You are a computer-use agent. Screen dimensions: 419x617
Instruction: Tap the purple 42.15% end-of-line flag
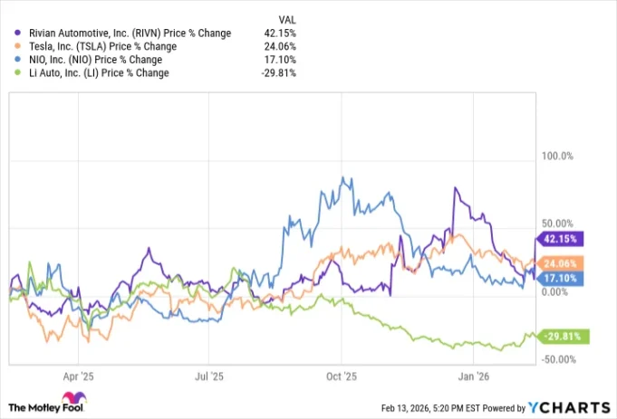(564, 239)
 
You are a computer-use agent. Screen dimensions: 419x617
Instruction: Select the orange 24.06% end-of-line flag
(564, 263)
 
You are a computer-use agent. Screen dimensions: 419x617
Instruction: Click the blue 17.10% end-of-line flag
(564, 278)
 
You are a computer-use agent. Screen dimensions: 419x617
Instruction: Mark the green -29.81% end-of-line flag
(564, 337)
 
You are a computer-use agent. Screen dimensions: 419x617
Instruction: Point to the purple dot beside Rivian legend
(19, 33)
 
